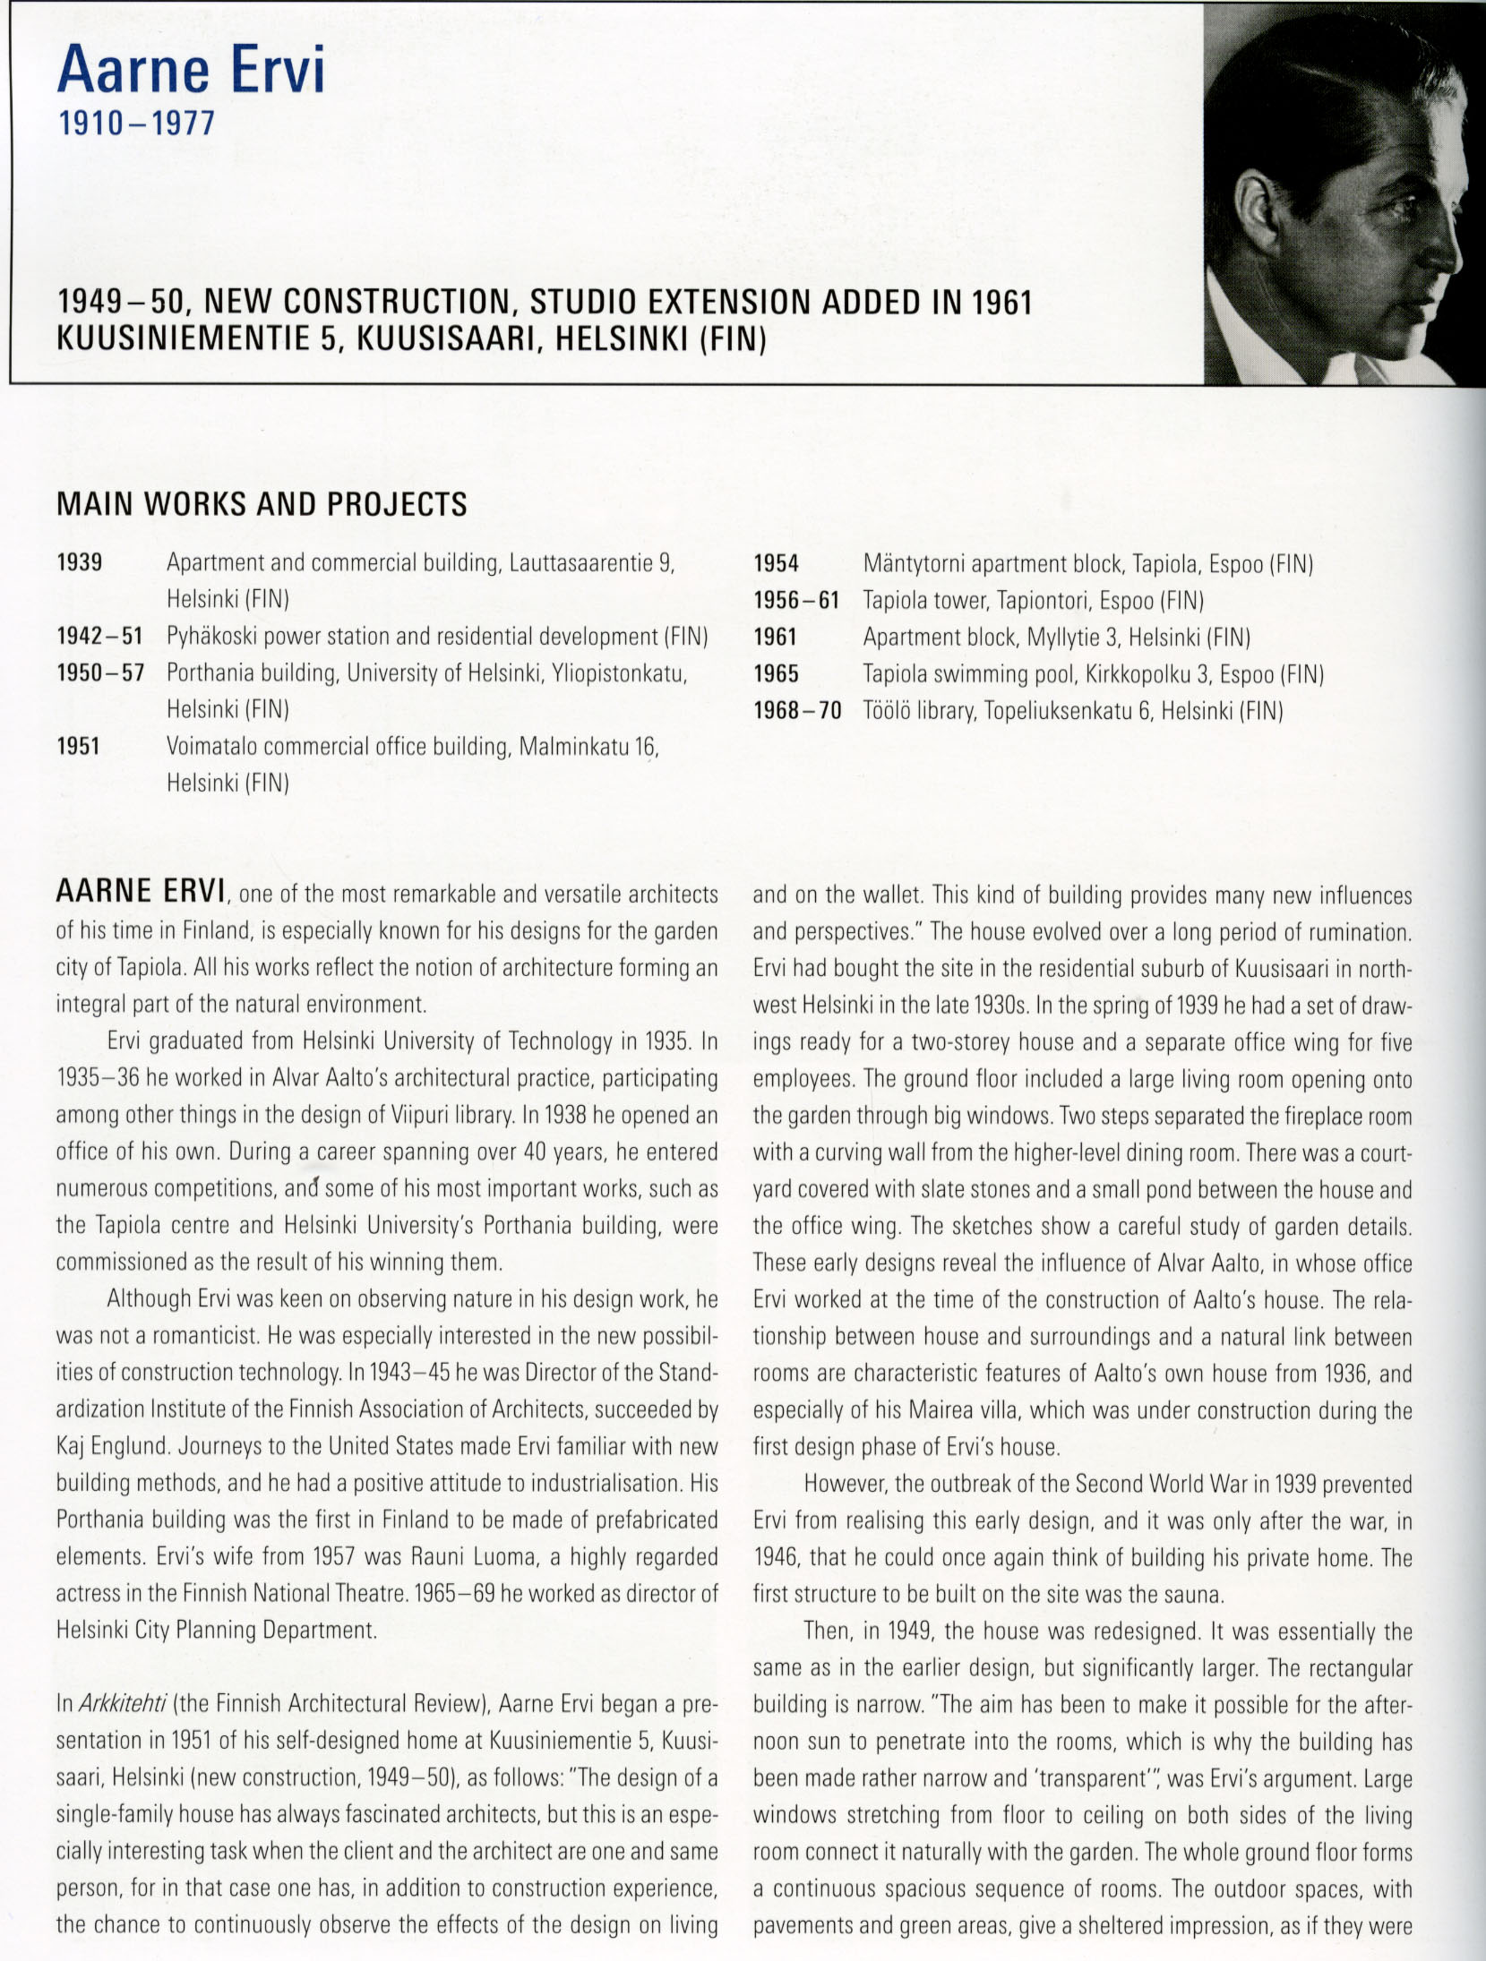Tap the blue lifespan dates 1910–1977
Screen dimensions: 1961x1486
136,122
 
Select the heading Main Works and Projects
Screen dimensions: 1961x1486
262,505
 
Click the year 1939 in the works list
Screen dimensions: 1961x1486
79,563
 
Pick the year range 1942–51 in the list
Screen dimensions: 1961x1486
99,637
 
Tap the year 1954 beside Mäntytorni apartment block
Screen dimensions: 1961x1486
776,564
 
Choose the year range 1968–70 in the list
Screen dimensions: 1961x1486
797,711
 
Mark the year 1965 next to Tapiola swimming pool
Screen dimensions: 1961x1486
776,674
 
